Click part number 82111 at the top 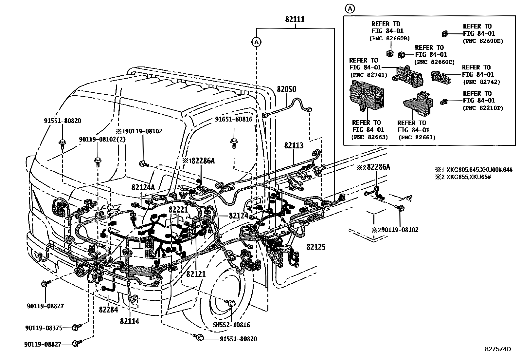(295, 19)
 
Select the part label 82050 (286, 89)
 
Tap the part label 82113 (294, 145)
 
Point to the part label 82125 (316, 247)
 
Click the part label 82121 (196, 274)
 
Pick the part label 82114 (129, 321)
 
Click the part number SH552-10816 (231, 325)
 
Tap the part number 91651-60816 (234, 119)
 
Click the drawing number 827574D (498, 349)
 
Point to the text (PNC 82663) (369, 137)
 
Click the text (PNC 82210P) (483, 108)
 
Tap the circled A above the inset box (350, 9)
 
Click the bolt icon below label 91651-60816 (234, 143)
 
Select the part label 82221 (178, 209)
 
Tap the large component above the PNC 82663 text (366, 95)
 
